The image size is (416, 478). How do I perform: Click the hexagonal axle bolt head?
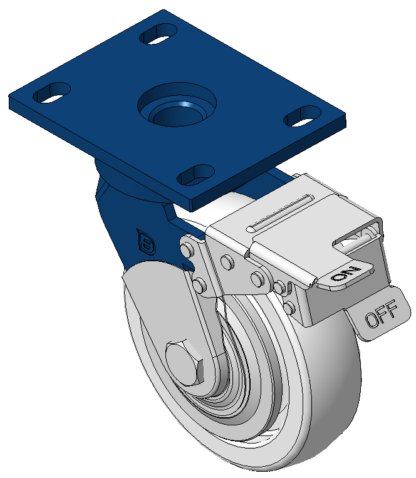pyautogui.click(x=185, y=362)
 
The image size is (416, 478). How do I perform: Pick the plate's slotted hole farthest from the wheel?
pyautogui.click(x=158, y=34)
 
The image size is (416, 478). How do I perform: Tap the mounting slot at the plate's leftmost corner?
pyautogui.click(x=51, y=93)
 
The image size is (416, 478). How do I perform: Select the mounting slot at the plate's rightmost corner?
pyautogui.click(x=303, y=116)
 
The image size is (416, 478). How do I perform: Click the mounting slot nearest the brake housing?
pyautogui.click(x=196, y=175)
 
